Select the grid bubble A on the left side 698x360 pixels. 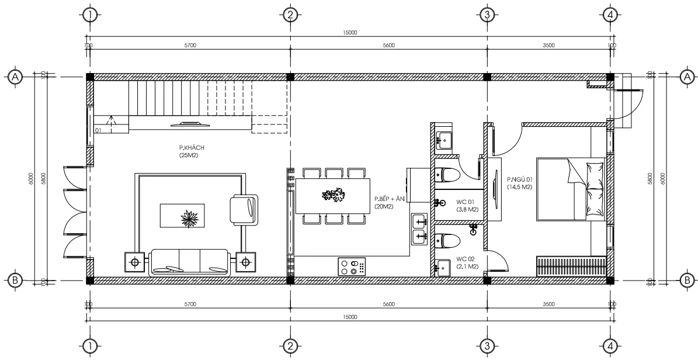(15, 77)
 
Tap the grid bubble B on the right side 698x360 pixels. (687, 281)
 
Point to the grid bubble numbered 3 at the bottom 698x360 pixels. (485, 347)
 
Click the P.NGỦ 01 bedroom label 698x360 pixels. (519, 183)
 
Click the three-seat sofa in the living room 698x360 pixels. (190, 262)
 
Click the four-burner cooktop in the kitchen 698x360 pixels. (352, 266)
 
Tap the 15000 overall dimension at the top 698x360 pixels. (349, 33)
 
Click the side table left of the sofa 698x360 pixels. (135, 262)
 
